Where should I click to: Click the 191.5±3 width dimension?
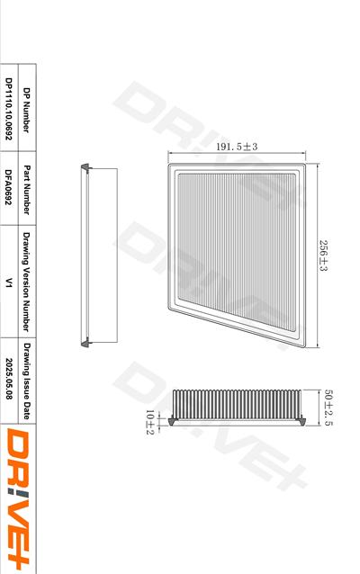coord(237,147)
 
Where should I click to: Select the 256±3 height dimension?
coord(323,256)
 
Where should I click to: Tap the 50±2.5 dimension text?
coord(328,408)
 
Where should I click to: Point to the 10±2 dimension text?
coord(150,422)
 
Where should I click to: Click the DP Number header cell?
coord(26,110)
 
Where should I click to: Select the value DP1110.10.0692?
coord(9,109)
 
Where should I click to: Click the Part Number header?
coord(27,190)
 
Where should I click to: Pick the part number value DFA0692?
coord(9,187)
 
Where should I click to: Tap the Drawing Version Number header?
coord(26,282)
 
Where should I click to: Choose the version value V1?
coord(9,283)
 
